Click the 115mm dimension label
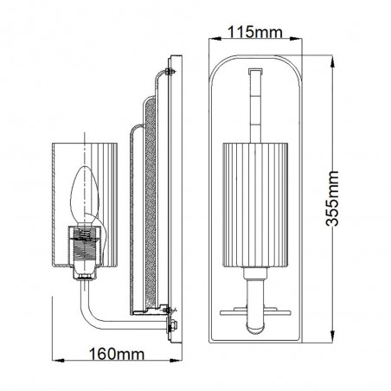point(255,32)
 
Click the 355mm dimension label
point(332,198)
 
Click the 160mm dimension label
point(117,354)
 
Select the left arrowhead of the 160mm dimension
point(58,361)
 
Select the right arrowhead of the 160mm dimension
point(176,361)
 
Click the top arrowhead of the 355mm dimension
point(332,61)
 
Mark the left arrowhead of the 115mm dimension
point(215,39)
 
